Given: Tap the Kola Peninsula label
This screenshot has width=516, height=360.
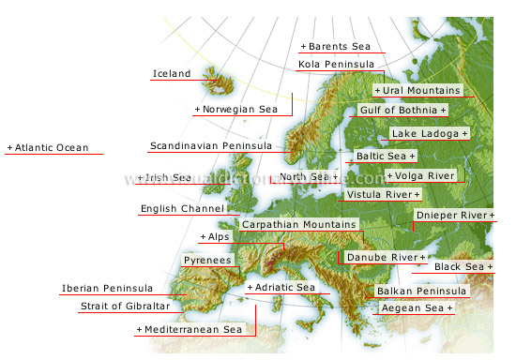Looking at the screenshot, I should pos(334,65).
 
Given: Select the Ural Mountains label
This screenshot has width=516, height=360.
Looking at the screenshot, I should pos(417,91).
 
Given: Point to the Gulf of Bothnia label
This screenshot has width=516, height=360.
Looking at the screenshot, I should pos(402,111).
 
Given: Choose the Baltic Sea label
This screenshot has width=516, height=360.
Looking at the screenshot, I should pos(385,156).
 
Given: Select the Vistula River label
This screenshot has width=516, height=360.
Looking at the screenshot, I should pos(379,194).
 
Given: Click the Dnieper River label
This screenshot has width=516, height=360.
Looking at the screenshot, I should pos(454,216).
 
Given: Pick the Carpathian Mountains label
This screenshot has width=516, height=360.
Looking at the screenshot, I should pos(299,225).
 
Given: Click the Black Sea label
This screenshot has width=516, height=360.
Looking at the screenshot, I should pos(463,267).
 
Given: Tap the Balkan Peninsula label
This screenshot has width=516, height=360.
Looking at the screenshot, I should pos(420,292).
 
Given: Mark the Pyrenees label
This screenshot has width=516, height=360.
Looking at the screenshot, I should pos(206,260).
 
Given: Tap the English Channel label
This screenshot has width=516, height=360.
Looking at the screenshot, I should pos(182,209).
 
